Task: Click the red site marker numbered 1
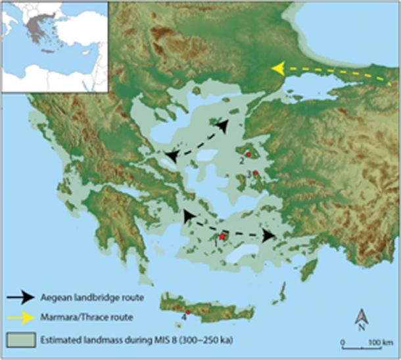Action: [222, 236]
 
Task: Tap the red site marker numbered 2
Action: [248, 154]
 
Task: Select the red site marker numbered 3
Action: [255, 173]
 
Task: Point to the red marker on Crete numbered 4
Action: [188, 312]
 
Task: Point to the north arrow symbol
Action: [361, 319]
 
